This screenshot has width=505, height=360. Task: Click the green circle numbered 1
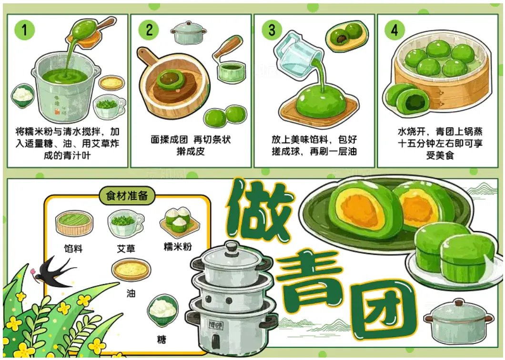tap(24, 30)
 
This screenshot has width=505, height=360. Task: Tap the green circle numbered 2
tap(149, 30)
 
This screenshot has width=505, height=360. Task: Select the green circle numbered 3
tap(272, 30)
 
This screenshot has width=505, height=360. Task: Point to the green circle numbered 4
tap(395, 30)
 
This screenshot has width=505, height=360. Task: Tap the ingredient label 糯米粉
tap(178, 247)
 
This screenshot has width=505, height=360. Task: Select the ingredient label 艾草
tap(126, 248)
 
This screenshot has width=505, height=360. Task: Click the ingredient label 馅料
tap(73, 248)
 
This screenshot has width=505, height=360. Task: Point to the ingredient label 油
tap(131, 293)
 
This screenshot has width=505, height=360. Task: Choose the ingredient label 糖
tap(162, 339)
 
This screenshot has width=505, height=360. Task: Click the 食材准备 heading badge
tap(127, 195)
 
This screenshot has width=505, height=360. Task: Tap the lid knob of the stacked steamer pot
tap(232, 248)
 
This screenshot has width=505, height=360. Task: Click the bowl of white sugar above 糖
tap(163, 309)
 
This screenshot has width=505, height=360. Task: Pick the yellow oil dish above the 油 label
tap(131, 269)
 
